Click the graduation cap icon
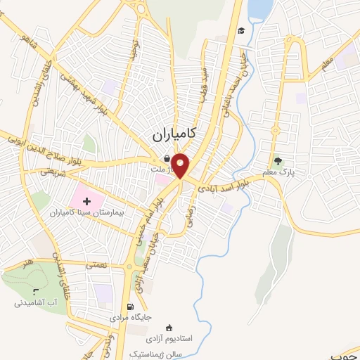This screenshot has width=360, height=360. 241,31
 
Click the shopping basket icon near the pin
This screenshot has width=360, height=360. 165,159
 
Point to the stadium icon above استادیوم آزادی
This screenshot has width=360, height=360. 169,327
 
